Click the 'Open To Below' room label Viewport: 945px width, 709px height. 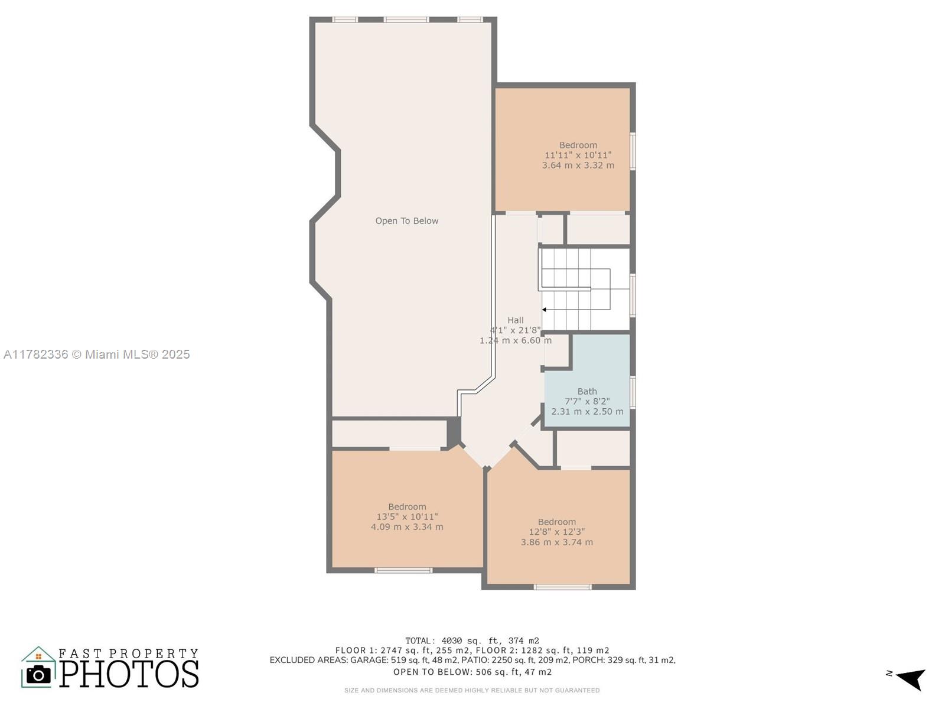(406, 221)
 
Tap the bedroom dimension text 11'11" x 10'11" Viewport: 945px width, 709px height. (578, 155)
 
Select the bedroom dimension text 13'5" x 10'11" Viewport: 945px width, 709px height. (407, 516)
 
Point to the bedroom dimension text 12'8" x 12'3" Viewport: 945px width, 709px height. (557, 532)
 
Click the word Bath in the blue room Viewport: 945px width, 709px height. (587, 391)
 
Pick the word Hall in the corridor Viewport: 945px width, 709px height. (516, 320)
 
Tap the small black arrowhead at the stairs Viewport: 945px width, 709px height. (544, 310)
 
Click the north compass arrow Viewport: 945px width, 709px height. (912, 679)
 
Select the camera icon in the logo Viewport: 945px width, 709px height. (38, 675)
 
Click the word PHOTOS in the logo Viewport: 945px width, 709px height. (129, 674)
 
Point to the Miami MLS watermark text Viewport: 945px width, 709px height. (96, 354)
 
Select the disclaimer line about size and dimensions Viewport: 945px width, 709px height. (472, 690)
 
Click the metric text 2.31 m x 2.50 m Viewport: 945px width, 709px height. (587, 411)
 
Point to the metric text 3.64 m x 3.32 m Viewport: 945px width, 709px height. (578, 165)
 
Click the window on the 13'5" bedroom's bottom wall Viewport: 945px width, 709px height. (403, 570)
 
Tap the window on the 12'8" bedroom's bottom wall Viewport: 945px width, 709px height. (562, 587)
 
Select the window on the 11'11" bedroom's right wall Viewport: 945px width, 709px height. (633, 151)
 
